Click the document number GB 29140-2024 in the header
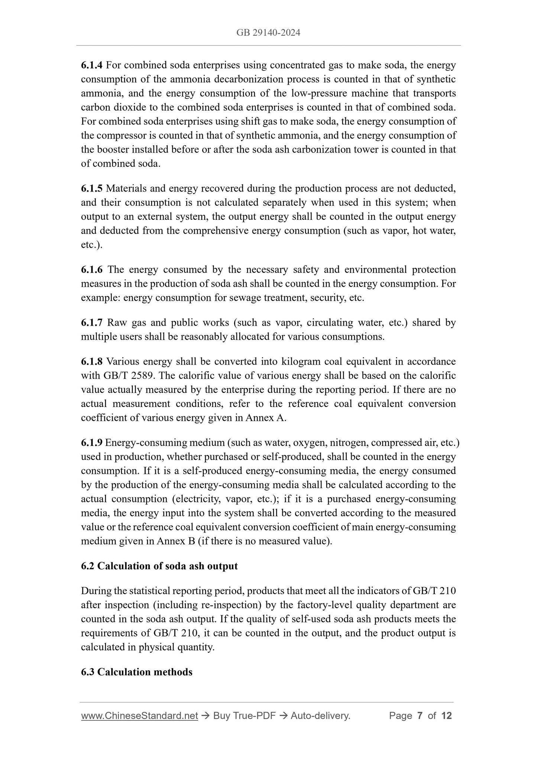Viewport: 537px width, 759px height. tap(268, 33)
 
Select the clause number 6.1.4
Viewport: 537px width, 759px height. tap(91, 65)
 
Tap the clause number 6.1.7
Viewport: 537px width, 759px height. tap(91, 322)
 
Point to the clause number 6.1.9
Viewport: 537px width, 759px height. tap(91, 443)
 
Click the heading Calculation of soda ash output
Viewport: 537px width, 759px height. tap(167, 566)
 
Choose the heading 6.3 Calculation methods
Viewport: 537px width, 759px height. tap(137, 672)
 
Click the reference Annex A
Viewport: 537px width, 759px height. tap(266, 418)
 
